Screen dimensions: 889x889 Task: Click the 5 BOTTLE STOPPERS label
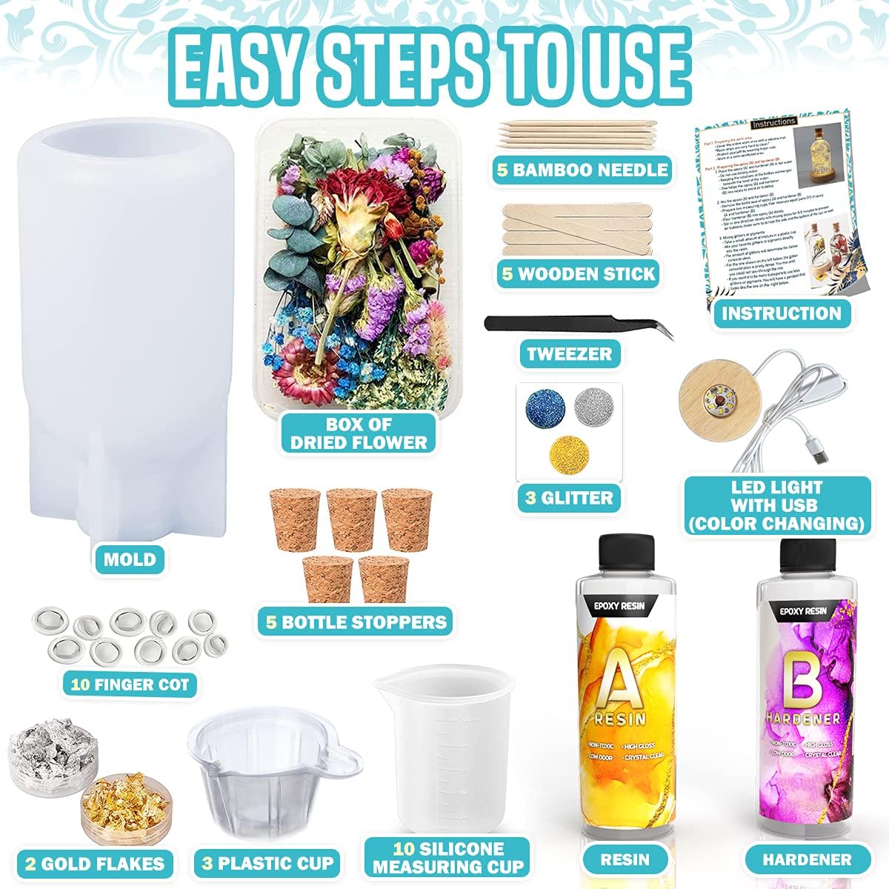click(x=357, y=621)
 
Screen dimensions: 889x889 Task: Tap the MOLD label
click(x=130, y=559)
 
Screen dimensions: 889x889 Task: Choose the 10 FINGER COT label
click(x=130, y=683)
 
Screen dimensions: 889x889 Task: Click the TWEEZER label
click(x=569, y=353)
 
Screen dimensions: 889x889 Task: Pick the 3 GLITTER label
click(x=569, y=498)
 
